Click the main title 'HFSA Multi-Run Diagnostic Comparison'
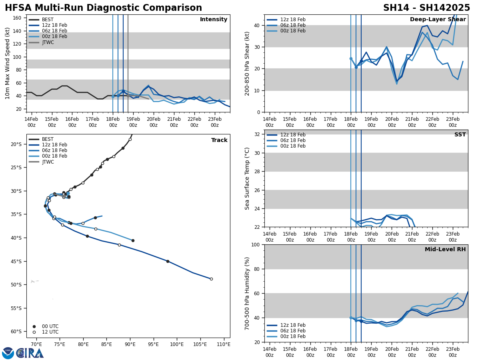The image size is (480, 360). pyautogui.click(x=103, y=8)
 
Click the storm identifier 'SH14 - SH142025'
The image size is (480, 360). pyautogui.click(x=426, y=8)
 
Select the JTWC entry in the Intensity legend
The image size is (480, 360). pyautogui.click(x=48, y=42)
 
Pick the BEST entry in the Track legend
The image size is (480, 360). pyautogui.click(x=48, y=139)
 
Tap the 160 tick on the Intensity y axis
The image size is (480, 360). pyautogui.click(x=17, y=18)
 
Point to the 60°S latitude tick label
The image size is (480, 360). pyautogui.click(x=16, y=332)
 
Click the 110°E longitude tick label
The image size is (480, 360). pyautogui.click(x=224, y=344)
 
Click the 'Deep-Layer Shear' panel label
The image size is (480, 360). pyautogui.click(x=438, y=20)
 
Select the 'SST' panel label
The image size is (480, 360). pyautogui.click(x=460, y=135)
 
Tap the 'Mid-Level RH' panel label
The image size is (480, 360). pyautogui.click(x=445, y=250)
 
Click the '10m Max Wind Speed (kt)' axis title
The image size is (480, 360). pyautogui.click(x=8, y=63)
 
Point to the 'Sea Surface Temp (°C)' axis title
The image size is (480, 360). pyautogui.click(x=247, y=178)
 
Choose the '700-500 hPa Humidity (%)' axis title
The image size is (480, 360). pyautogui.click(x=247, y=293)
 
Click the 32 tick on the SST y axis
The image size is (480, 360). pyautogui.click(x=258, y=134)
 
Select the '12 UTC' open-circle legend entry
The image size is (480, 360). pyautogui.click(x=50, y=332)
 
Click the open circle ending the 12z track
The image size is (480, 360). pyautogui.click(x=211, y=279)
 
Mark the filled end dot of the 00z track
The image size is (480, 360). pyautogui.click(x=133, y=240)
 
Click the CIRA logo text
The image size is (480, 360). pyautogui.click(x=30, y=353)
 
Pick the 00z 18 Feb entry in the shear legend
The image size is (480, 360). pyautogui.click(x=294, y=31)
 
